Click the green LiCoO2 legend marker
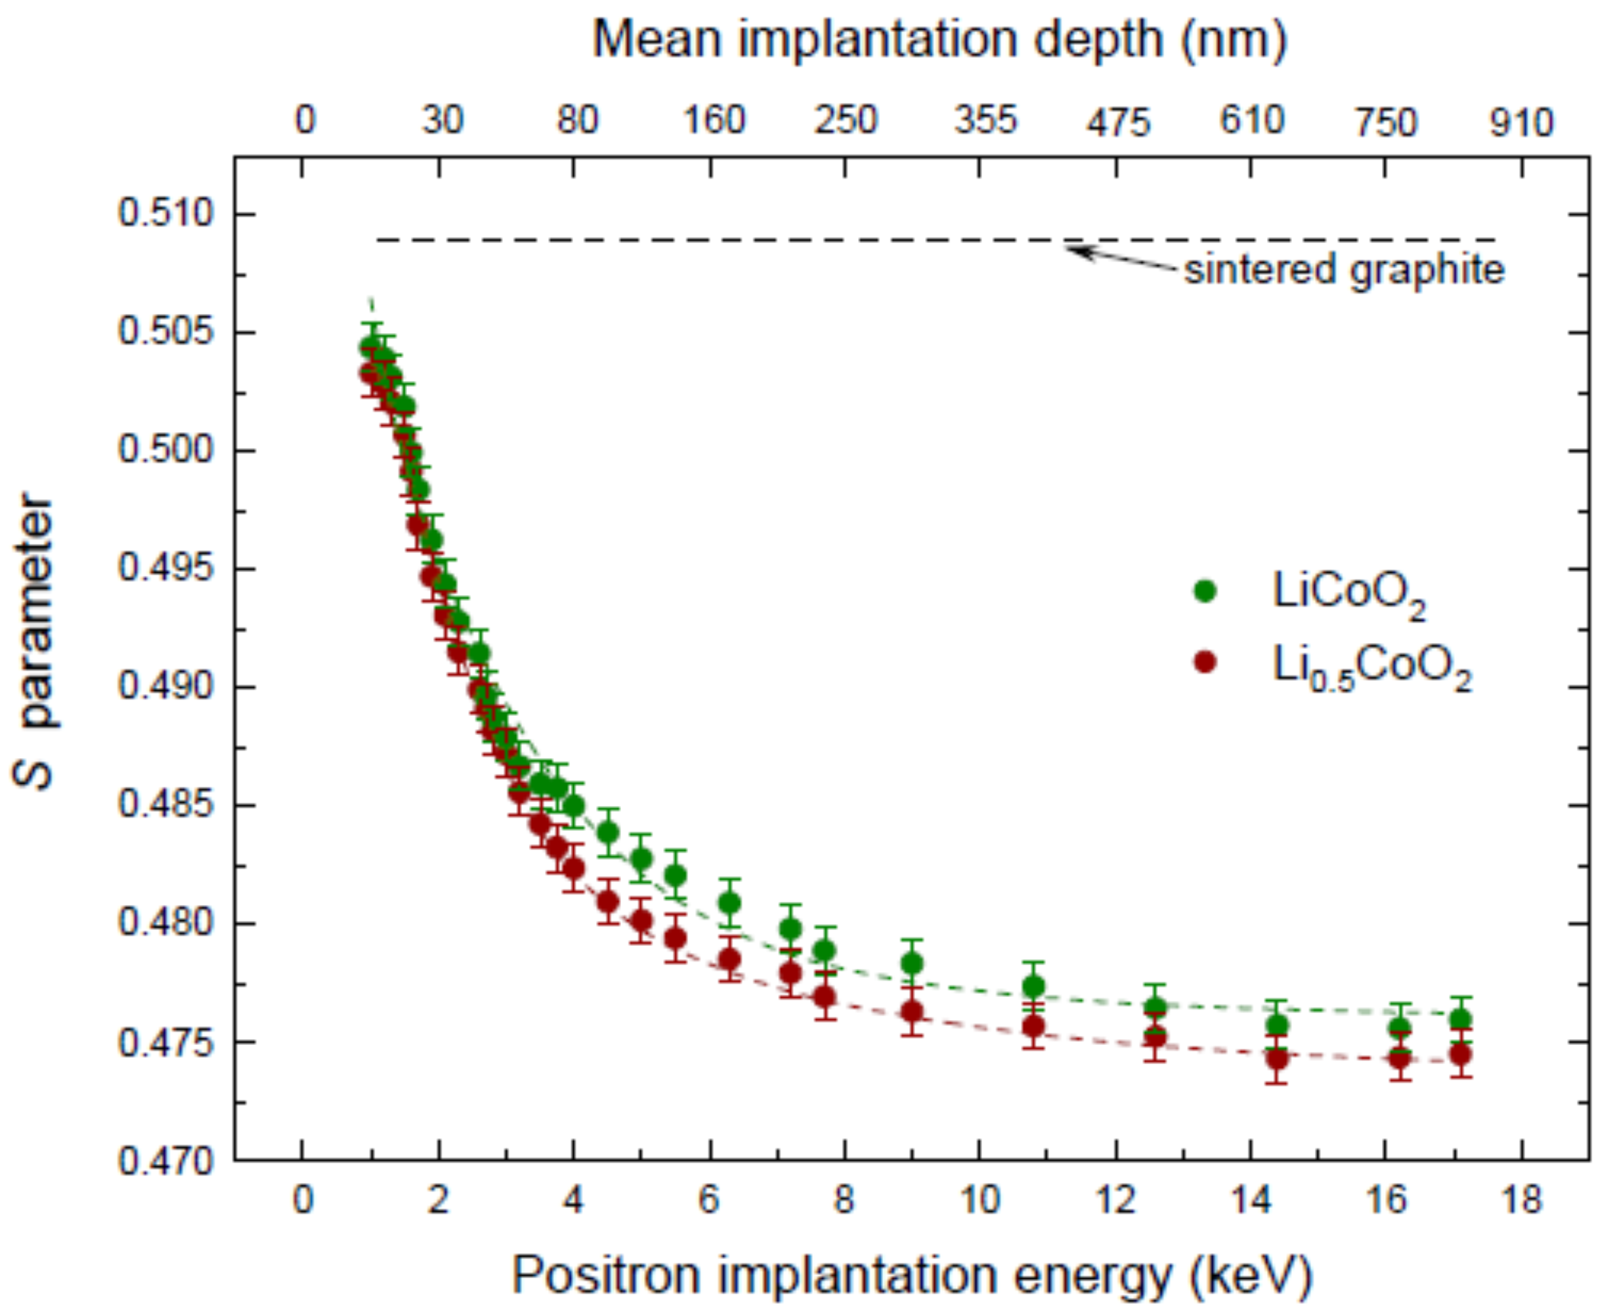[1205, 590]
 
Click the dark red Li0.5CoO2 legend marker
[1205, 662]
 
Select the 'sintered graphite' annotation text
[1344, 270]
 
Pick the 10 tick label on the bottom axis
[979, 1199]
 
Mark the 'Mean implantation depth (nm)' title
[939, 39]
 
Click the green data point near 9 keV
[913, 963]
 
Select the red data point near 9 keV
[913, 1012]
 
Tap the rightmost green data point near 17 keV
[1460, 1019]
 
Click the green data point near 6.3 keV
[729, 902]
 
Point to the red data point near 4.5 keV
[608, 902]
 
